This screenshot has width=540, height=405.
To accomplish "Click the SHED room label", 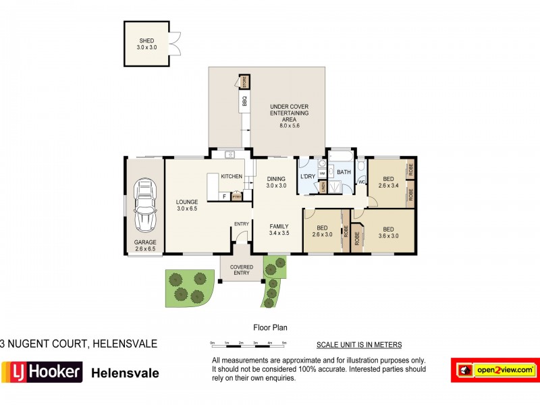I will (x=146, y=44).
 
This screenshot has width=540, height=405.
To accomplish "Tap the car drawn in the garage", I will (x=145, y=205).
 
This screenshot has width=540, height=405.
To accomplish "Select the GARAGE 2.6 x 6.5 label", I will (x=145, y=246).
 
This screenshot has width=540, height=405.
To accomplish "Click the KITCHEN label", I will (x=232, y=176).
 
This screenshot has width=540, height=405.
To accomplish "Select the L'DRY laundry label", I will (x=308, y=176).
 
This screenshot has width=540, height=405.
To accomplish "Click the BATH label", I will (x=344, y=172).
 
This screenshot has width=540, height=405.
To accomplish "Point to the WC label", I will (x=361, y=182).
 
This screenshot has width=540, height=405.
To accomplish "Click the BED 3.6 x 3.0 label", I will (x=387, y=232).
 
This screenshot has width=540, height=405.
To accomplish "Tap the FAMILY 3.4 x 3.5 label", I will (x=279, y=230).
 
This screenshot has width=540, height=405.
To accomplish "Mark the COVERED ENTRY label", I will (x=241, y=269).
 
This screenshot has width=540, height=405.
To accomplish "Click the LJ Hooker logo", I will (x=41, y=372).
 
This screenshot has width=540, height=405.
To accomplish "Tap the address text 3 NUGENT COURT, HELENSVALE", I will (x=78, y=344).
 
